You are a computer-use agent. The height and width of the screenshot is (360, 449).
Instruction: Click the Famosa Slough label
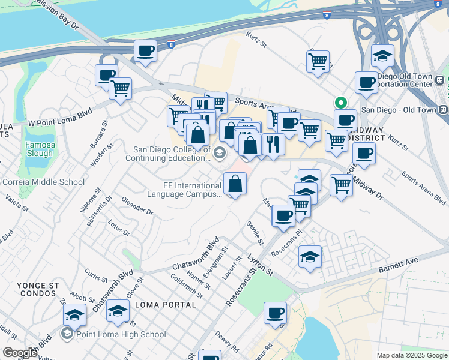40,149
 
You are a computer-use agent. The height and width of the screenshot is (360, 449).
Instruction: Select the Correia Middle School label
43,182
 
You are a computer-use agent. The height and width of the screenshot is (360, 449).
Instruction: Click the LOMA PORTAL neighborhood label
166,305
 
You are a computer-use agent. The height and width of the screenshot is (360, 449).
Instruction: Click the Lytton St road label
261,265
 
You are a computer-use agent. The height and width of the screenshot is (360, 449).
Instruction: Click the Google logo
20,353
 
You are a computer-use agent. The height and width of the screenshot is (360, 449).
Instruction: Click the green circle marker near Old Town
340,102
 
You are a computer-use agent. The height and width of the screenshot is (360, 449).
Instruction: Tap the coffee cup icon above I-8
145,50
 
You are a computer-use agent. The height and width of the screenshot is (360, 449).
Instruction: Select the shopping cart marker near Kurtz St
318,61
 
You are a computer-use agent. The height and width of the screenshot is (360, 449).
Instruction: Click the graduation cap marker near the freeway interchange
382,55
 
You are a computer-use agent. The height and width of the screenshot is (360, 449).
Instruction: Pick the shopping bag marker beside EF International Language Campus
235,182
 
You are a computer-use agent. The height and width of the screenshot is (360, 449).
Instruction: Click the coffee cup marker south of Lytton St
275,312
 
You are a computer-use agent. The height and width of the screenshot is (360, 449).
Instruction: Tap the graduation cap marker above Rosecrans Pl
310,257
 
